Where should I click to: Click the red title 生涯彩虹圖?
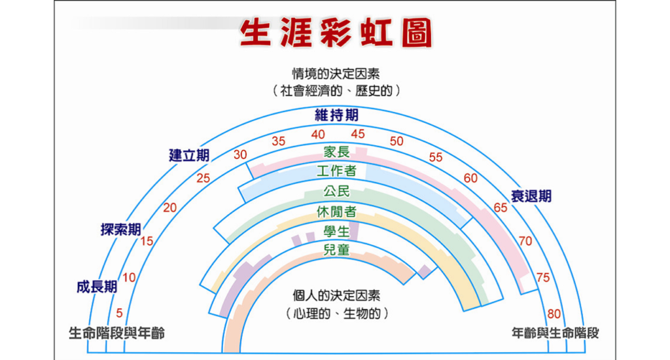click(x=336, y=33)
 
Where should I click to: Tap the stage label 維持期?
click(x=337, y=115)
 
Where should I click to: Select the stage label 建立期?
click(x=189, y=155)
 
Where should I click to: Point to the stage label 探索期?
click(x=121, y=230)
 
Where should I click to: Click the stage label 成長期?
click(x=97, y=287)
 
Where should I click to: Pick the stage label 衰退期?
click(x=531, y=196)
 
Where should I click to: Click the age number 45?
click(x=358, y=134)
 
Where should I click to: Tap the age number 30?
click(x=240, y=154)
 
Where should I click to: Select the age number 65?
click(x=501, y=207)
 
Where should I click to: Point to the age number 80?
click(x=554, y=314)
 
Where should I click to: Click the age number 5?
click(x=119, y=314)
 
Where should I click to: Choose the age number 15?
click(x=147, y=242)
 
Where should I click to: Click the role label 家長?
click(x=337, y=152)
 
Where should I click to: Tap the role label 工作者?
click(x=337, y=171)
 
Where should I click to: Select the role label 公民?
click(x=337, y=191)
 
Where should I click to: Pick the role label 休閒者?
click(x=337, y=211)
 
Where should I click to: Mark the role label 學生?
click(x=337, y=232)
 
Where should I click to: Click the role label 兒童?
click(x=337, y=249)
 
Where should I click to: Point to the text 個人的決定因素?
click(x=336, y=295)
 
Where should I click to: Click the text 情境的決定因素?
click(x=336, y=73)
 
